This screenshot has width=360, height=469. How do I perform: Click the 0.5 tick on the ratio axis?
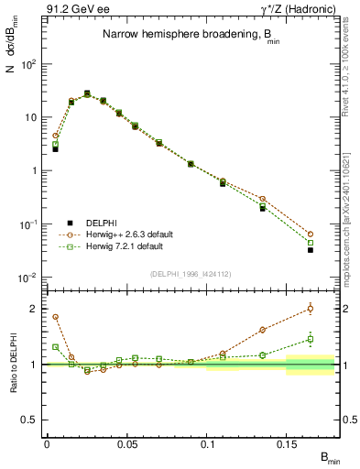coord(33,420)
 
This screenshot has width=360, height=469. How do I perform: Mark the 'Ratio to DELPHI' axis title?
coord(14,365)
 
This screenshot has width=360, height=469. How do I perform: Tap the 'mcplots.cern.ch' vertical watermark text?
coord(349,220)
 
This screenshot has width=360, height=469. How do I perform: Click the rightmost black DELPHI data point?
coord(311,250)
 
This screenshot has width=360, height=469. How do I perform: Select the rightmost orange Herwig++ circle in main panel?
coord(311,234)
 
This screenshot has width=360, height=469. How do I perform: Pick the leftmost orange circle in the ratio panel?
coord(55,317)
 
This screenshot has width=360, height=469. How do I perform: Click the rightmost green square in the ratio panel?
coord(311,340)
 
